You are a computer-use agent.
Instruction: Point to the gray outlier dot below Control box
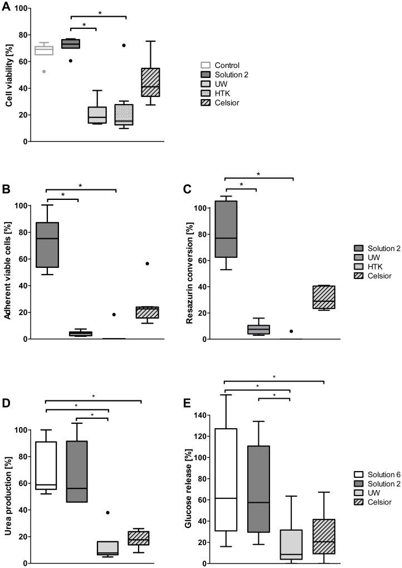click(x=43, y=71)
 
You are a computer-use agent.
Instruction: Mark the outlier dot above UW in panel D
click(x=107, y=512)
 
